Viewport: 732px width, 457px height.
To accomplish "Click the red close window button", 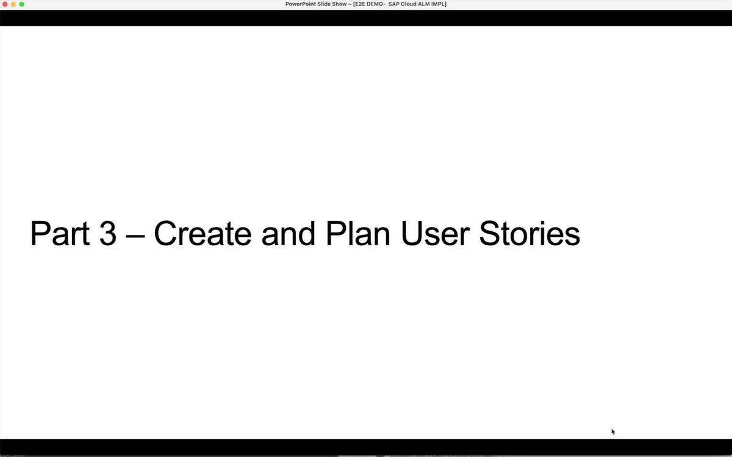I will (5, 4).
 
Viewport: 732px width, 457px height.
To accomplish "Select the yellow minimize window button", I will (13, 4).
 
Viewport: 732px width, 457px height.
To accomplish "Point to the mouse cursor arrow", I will (613, 431).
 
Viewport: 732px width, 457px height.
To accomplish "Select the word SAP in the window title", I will (394, 4).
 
